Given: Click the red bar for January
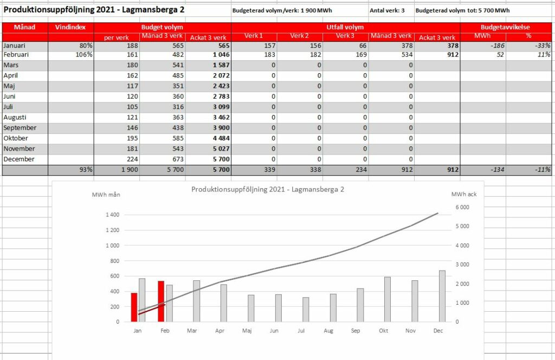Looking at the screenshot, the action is coord(134,307).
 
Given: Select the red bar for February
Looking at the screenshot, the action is coord(161,301).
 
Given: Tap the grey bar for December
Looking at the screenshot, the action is coord(442,296).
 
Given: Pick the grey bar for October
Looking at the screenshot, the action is coord(388,299).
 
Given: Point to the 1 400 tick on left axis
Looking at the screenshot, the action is coord(113,215).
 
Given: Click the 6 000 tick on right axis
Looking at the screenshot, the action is coord(462,207).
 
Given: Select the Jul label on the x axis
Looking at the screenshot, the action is coord(301,331).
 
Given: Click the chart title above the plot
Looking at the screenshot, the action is coord(268,189).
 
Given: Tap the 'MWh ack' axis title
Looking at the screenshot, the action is coord(464,194).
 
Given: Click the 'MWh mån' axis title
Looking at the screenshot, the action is coord(106,195).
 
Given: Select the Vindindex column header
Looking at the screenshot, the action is coord(70,27).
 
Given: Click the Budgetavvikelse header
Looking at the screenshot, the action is coord(505,27).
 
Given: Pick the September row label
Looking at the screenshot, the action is coord(20,128).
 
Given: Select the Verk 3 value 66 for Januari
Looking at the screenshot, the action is coord(363,46).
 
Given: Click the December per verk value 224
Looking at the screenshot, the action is coord(133,159).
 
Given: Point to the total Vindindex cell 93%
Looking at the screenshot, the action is coord(86,170).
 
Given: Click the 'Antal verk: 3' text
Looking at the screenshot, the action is coord(387,11).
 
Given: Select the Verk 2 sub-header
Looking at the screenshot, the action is coord(299,36).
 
